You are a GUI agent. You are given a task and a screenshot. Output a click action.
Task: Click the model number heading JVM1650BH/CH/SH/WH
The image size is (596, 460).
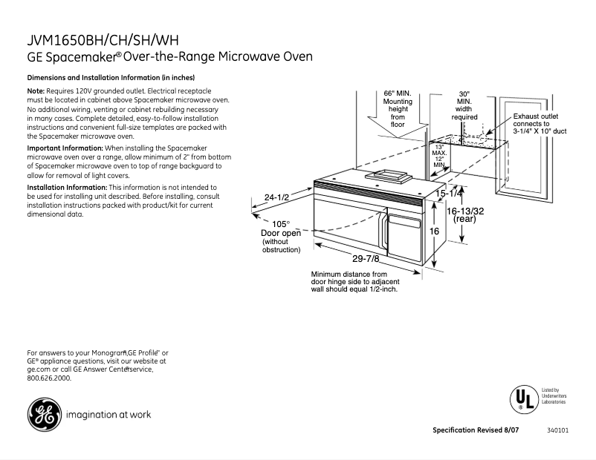point(93,39)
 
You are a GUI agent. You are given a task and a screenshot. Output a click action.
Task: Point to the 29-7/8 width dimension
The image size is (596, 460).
point(366,258)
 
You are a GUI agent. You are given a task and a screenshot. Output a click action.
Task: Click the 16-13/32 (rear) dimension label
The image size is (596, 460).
point(464,215)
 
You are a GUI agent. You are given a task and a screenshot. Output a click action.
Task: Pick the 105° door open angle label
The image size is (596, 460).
point(280,224)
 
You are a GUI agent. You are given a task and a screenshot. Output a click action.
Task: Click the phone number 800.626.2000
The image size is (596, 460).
point(49,378)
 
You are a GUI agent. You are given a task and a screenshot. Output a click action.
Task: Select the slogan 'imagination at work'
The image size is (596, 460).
point(108,415)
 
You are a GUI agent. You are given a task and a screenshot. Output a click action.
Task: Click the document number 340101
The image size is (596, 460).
point(558,431)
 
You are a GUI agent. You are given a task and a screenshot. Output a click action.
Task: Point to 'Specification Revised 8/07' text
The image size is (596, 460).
point(479,431)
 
